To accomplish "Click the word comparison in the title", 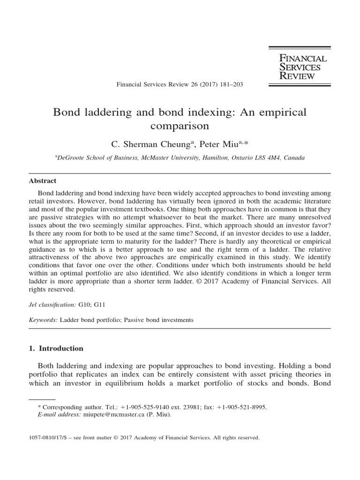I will (x=180, y=126).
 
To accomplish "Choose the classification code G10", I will (x=85, y=304).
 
